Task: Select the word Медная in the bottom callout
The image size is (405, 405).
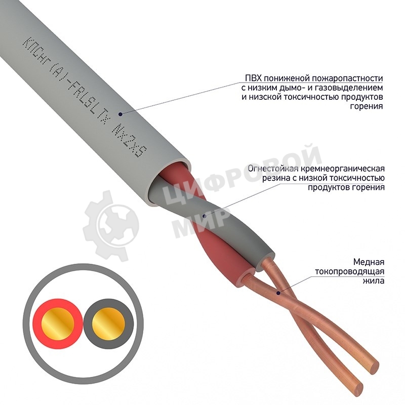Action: [x=371, y=262]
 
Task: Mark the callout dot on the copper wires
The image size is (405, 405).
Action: [x=277, y=292]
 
